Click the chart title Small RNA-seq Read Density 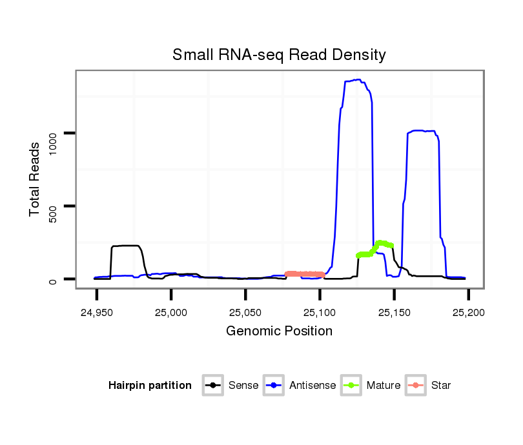point(279,55)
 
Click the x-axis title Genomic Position point(279,331)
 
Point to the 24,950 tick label point(97,313)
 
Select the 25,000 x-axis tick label point(171,313)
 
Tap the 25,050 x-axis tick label point(245,313)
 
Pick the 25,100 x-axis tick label point(320,313)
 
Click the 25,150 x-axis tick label point(394,313)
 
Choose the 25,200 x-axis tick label point(468,313)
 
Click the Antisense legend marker point(274,386)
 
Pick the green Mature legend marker point(351,386)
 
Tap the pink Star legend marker point(415,386)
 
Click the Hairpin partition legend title point(150,386)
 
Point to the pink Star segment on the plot point(305,274)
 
